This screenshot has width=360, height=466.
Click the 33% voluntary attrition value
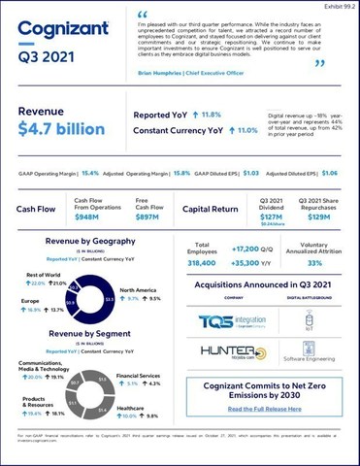[x=314, y=262]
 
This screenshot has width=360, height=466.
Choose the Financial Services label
[x=138, y=374]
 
